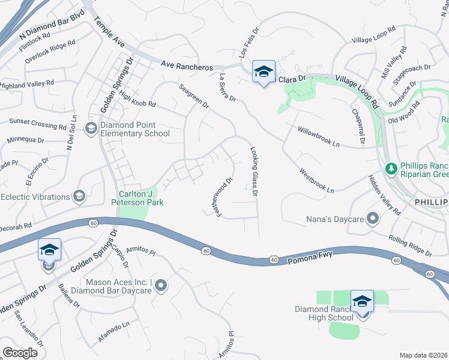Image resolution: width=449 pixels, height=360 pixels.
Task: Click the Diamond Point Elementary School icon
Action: click(x=91, y=127)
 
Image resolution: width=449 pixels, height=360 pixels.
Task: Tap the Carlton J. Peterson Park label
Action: click(x=137, y=198)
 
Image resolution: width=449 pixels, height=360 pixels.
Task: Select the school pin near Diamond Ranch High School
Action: click(x=362, y=301)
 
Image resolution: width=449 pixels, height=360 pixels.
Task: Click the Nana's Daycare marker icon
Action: click(x=373, y=219)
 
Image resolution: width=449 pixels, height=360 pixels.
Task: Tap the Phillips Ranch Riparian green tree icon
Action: click(x=391, y=168)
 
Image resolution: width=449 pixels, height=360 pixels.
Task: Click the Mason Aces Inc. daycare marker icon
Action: click(x=160, y=286)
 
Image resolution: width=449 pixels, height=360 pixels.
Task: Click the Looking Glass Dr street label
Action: click(x=254, y=172)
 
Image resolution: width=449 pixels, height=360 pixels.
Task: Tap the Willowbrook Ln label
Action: click(x=319, y=137)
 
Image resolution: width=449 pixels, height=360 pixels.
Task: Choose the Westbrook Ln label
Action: click(x=316, y=180)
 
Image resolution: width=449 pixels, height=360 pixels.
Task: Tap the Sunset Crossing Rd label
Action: click(x=37, y=124)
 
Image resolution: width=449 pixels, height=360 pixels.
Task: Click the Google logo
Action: click(x=20, y=353)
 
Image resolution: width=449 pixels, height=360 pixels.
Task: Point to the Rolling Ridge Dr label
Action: click(x=409, y=245)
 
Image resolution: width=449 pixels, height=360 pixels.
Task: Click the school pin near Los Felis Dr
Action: click(x=264, y=72)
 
